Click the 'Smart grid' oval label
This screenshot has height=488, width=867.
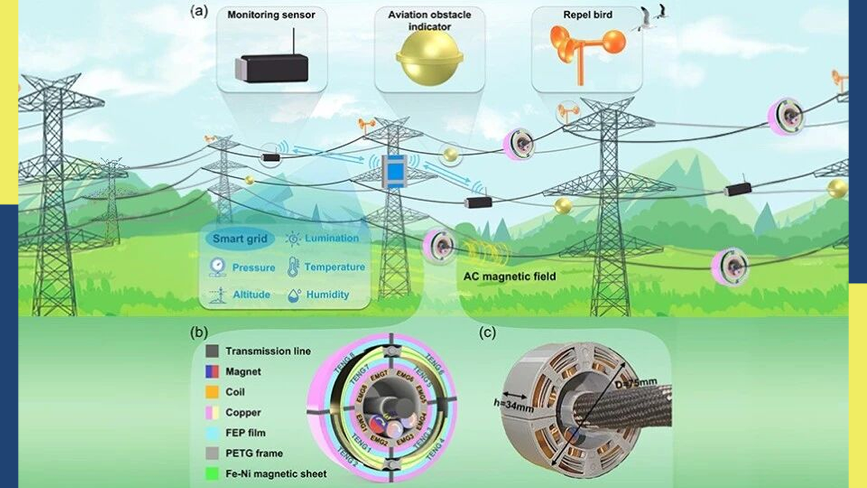click(240, 239)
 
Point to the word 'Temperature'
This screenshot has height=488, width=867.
click(334, 267)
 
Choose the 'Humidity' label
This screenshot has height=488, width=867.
click(327, 294)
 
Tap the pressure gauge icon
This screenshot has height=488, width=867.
click(217, 267)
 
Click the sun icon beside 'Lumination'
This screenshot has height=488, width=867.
click(293, 239)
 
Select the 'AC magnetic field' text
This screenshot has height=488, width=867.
click(509, 277)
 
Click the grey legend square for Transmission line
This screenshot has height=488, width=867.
click(212, 351)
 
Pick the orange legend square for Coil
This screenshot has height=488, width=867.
click(212, 391)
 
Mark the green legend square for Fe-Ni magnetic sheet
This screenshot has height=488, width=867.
click(212, 473)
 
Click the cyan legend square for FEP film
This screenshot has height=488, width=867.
click(212, 433)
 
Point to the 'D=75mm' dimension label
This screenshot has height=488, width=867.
click(636, 383)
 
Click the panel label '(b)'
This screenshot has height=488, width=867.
click(199, 332)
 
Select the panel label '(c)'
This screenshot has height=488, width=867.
click(487, 332)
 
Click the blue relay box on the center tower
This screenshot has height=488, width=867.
click(394, 171)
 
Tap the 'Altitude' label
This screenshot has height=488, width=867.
click(251, 294)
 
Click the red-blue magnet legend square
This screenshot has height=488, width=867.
click(212, 371)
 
